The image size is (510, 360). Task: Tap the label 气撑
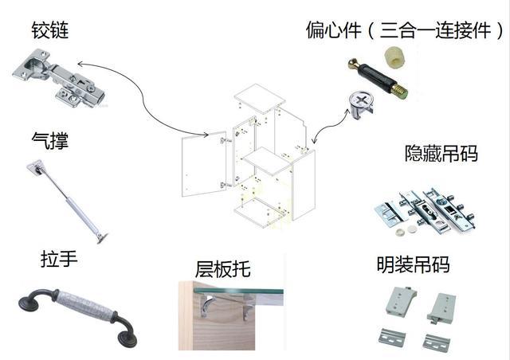coord(50,143)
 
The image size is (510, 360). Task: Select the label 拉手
coord(58,260)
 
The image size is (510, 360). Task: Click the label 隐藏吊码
coord(441,154)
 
